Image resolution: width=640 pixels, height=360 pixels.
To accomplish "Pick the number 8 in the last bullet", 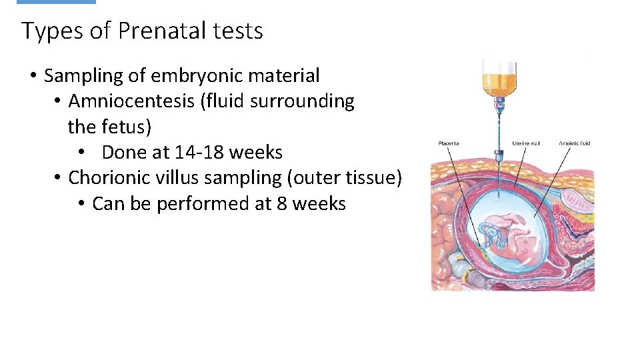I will (x=281, y=203).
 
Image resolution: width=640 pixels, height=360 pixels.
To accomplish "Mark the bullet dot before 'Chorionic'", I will (x=58, y=178).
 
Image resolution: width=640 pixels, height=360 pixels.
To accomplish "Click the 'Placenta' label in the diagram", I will (x=449, y=143).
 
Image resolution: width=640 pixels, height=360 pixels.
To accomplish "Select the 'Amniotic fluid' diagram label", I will (x=575, y=143).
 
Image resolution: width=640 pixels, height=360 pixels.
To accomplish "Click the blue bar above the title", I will (x=56, y=2).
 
